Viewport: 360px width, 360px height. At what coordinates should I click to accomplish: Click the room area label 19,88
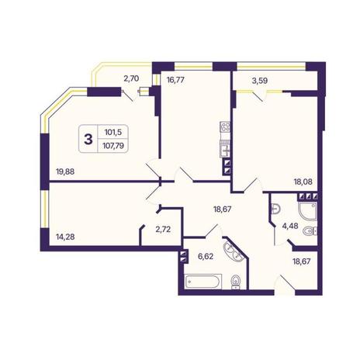click(x=65, y=171)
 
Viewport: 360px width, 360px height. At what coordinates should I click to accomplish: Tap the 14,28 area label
click(x=65, y=237)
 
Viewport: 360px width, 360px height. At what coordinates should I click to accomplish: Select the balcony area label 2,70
click(x=131, y=78)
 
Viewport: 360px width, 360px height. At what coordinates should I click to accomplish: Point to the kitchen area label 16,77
click(x=175, y=80)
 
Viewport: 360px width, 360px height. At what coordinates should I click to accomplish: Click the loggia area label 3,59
click(x=260, y=81)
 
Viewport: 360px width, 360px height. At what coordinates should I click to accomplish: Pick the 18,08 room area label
click(x=303, y=182)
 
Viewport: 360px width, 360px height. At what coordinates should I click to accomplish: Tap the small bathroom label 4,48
click(x=290, y=226)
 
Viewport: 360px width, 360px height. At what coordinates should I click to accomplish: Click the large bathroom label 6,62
click(x=206, y=257)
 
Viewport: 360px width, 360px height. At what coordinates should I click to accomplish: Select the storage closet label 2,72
click(x=163, y=229)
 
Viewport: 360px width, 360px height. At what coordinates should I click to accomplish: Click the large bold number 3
click(x=88, y=140)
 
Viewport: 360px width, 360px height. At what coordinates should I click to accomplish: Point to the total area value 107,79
click(x=113, y=146)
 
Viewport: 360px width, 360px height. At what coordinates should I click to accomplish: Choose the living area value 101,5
click(x=113, y=133)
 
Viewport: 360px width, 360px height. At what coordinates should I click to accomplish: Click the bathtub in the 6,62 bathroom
click(x=203, y=282)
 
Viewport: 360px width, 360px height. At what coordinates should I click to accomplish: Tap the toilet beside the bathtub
click(x=236, y=282)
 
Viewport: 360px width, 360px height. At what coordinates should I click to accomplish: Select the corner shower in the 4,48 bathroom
click(x=307, y=211)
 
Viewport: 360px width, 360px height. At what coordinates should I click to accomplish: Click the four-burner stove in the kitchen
click(x=225, y=126)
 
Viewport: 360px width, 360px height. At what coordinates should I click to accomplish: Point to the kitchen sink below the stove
click(x=225, y=148)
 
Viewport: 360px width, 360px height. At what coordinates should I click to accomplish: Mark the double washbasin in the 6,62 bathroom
click(x=234, y=251)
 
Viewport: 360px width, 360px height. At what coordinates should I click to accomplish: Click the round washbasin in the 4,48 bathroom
click(x=275, y=209)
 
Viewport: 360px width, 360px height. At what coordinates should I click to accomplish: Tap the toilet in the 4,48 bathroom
click(x=310, y=230)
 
